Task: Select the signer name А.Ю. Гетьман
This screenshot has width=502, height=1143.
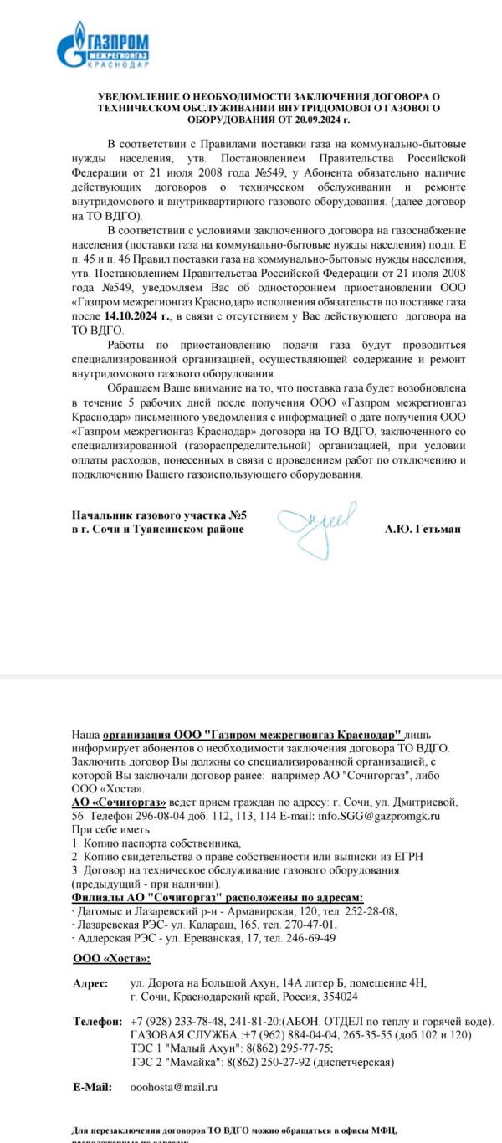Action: [423, 529]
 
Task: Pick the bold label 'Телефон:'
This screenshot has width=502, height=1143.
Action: [97, 1022]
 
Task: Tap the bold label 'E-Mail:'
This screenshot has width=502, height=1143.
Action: [93, 1087]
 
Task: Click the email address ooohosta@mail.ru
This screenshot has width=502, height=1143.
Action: [174, 1087]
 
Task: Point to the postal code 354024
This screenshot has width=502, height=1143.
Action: [339, 997]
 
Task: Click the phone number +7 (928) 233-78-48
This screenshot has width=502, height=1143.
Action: [172, 1022]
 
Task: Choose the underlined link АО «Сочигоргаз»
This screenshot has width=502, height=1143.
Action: [119, 802]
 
